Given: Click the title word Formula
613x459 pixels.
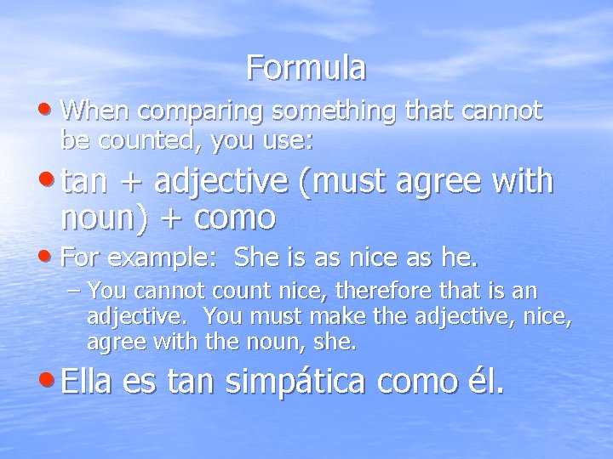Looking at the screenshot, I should tap(306, 67).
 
